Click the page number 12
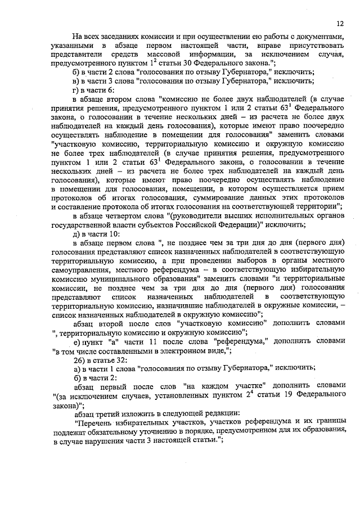coord(340,24)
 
